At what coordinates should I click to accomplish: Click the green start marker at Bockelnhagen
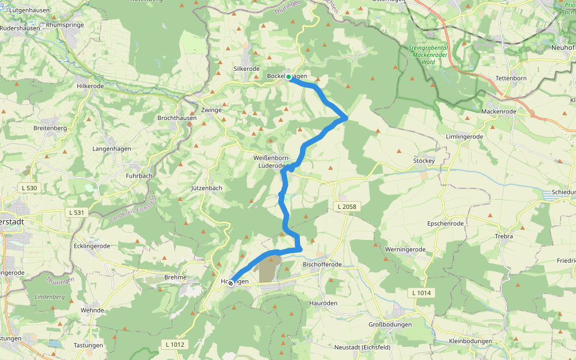(289, 77)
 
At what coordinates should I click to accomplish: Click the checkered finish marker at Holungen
(230, 283)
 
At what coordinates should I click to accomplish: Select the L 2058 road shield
(347, 206)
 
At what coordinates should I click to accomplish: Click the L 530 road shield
(28, 188)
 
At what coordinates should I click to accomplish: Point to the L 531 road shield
(76, 212)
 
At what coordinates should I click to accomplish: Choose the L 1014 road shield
(422, 293)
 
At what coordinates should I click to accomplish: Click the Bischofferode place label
(322, 265)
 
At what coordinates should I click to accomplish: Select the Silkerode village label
(246, 69)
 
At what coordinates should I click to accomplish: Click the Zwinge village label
(212, 110)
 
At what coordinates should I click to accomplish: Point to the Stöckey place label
(424, 161)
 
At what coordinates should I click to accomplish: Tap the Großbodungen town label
(390, 325)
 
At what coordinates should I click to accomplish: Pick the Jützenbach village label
(206, 188)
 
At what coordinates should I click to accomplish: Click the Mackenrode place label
(499, 112)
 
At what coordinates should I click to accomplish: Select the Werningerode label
(405, 249)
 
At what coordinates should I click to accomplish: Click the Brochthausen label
(176, 118)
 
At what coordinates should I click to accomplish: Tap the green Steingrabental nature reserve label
(430, 55)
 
